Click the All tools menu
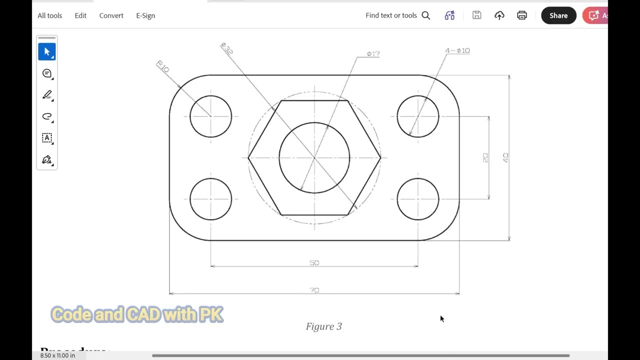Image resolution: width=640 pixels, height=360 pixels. [49, 15]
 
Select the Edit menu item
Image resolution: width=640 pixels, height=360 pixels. [80, 15]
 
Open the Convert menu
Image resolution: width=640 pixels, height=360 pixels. [111, 15]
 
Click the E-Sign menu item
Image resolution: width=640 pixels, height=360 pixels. [145, 15]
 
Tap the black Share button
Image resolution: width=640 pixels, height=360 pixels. [558, 15]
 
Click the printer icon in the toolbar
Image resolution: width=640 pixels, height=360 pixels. [521, 15]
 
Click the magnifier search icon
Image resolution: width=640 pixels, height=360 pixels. [426, 15]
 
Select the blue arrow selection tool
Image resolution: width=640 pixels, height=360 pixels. [47, 52]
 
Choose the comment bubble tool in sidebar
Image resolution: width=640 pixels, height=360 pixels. [47, 73]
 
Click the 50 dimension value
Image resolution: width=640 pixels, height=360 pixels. [314, 262]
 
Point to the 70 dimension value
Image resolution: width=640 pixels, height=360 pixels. [314, 290]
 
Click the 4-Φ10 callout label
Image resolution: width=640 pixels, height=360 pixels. [457, 50]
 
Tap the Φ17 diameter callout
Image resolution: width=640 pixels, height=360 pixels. [373, 53]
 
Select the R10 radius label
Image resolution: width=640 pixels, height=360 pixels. [163, 66]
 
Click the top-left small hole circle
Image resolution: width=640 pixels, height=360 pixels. [210, 116]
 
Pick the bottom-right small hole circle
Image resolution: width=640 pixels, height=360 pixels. [418, 199]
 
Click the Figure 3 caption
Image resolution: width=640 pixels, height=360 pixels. [323, 326]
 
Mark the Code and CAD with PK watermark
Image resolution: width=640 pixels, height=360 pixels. [137, 314]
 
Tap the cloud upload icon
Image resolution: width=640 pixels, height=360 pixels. [499, 15]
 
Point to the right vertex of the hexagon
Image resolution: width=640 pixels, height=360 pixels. [380, 158]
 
